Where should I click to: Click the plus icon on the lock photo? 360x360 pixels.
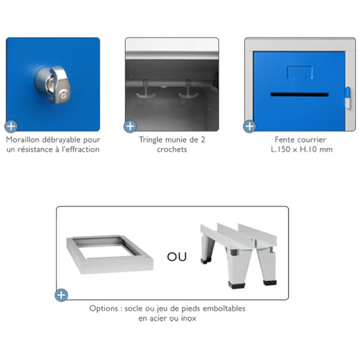[11, 126]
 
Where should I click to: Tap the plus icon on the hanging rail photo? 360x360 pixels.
[130, 126]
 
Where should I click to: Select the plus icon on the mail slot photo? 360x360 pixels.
[250, 126]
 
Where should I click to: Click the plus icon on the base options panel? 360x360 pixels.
[61, 295]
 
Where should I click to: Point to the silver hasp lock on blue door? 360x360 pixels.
[52, 85]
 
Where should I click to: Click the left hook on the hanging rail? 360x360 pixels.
[146, 90]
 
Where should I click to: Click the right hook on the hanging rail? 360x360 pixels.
[188, 90]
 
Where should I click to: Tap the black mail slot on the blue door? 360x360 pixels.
[299, 94]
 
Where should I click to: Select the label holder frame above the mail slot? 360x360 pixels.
[300, 73]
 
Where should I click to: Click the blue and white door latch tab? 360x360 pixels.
[348, 98]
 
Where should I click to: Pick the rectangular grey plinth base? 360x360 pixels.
[110, 254]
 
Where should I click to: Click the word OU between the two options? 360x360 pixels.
[176, 257]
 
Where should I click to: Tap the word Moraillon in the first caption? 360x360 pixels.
[22, 140]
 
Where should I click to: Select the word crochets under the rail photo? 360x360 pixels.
[172, 149]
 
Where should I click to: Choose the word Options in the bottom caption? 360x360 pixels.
[104, 308]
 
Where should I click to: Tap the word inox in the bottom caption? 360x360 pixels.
[189, 318]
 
